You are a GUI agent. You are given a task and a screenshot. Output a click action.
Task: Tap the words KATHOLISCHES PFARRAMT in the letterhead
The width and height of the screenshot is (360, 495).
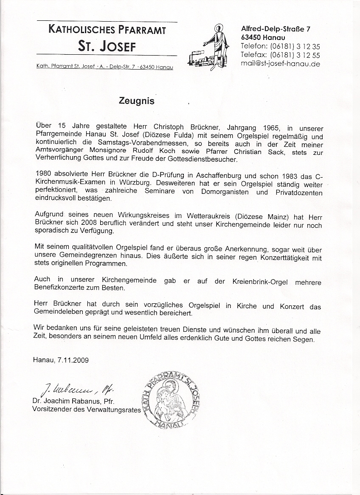(x=107, y=30)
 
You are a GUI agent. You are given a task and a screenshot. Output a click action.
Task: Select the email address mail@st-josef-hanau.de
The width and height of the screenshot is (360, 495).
(x=280, y=64)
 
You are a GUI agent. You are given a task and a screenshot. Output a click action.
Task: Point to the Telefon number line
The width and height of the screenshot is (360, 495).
(x=280, y=46)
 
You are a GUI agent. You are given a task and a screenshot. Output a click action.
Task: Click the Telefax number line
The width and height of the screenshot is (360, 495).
(x=280, y=55)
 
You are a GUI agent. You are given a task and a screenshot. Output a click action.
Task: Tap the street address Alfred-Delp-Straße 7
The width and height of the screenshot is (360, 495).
(x=276, y=29)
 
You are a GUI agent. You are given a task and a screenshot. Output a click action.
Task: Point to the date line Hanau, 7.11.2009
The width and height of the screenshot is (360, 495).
(x=61, y=361)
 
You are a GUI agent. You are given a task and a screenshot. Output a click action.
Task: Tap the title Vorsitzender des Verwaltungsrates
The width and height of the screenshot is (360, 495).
(x=86, y=409)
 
